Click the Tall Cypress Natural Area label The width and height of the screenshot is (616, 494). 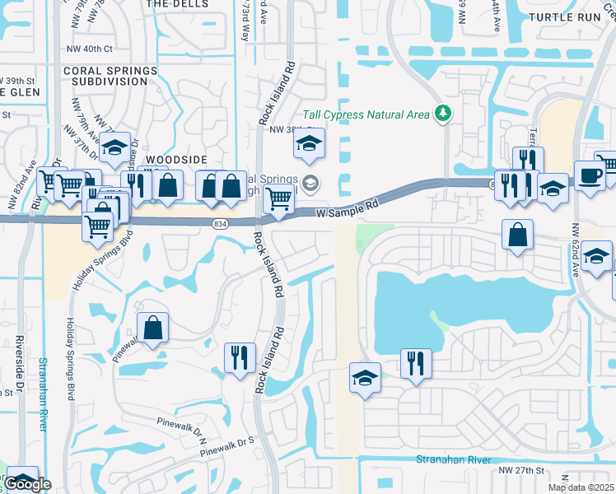click(366, 114)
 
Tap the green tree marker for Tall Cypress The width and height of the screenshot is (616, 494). click(443, 113)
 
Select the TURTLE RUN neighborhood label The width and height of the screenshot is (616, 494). click(566, 16)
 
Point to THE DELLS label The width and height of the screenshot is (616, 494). click(174, 4)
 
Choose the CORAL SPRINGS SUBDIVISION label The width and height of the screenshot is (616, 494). click(110, 77)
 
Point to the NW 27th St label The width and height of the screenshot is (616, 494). click(522, 470)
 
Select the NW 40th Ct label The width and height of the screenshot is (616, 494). click(91, 50)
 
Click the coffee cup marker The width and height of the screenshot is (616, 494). click(590, 175)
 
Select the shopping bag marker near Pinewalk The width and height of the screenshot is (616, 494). click(153, 328)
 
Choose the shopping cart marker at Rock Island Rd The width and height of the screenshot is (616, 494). click(279, 200)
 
